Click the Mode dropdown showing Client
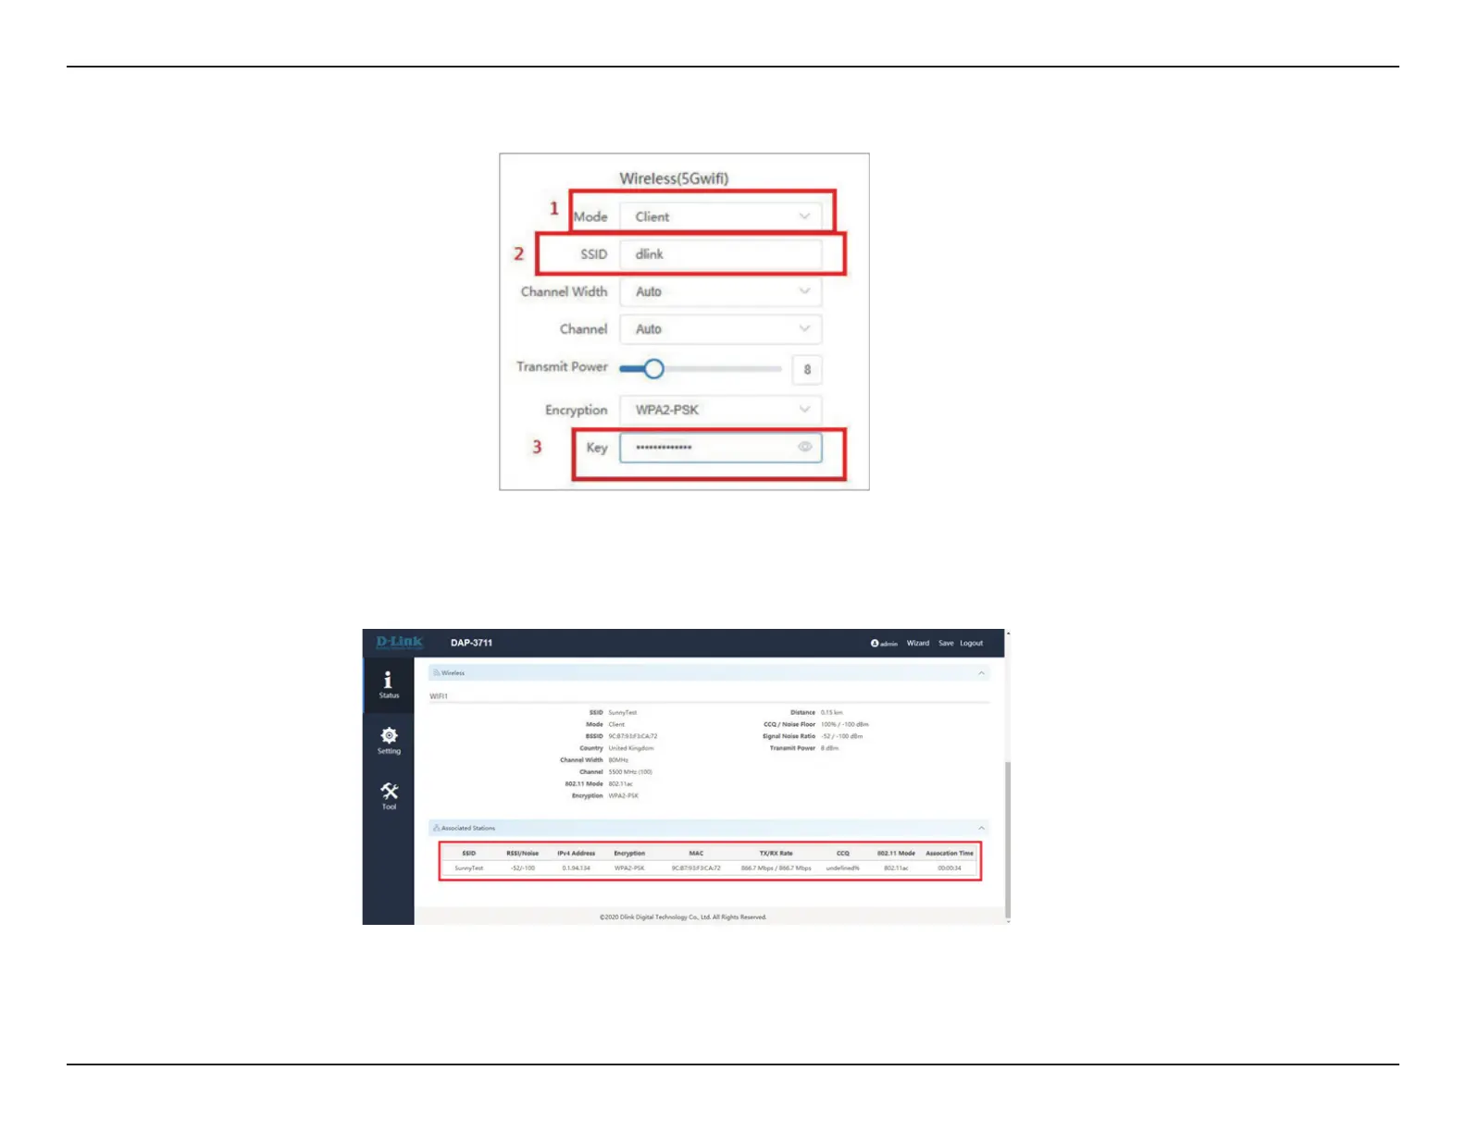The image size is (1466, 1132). (x=720, y=216)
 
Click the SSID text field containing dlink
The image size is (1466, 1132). (x=720, y=254)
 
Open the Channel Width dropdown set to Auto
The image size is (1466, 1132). (x=720, y=291)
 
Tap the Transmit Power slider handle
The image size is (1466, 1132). (x=653, y=369)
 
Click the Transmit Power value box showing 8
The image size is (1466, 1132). (x=807, y=369)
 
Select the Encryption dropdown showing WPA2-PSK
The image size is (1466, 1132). (x=720, y=410)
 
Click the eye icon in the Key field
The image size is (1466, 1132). (x=805, y=447)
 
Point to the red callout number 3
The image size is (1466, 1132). (x=537, y=447)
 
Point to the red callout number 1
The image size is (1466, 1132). (x=554, y=208)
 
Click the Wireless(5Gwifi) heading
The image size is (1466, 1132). (x=674, y=178)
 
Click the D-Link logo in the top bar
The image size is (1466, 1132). (x=399, y=642)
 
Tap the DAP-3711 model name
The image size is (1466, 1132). (x=471, y=643)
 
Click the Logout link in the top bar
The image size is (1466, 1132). (x=971, y=643)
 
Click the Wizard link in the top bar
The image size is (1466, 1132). (x=917, y=643)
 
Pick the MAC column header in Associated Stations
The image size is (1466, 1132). (x=696, y=854)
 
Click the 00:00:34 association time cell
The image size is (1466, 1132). (x=950, y=868)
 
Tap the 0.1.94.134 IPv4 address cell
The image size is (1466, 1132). (x=576, y=868)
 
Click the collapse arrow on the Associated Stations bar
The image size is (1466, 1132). (x=981, y=828)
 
